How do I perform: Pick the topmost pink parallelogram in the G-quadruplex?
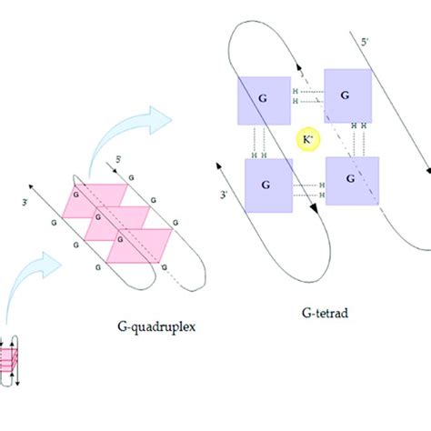[100, 195]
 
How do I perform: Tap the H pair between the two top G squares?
[296, 96]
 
